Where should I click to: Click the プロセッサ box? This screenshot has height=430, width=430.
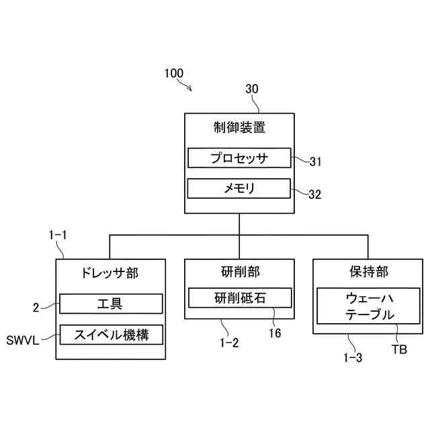[239, 159]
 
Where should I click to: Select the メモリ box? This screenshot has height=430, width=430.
[239, 189]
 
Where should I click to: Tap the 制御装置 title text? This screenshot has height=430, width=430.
[239, 128]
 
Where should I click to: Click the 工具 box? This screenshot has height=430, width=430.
[111, 304]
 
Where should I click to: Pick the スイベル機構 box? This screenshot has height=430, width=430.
[111, 334]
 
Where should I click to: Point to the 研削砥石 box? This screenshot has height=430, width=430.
[240, 298]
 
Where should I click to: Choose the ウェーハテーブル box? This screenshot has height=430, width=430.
[369, 306]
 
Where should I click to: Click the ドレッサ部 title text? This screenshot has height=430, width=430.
[110, 273]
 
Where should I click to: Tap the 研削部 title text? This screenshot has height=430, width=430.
[239, 272]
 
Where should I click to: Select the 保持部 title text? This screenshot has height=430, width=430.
[369, 272]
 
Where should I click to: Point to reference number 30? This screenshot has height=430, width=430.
[252, 88]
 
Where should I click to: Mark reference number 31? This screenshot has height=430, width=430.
[316, 161]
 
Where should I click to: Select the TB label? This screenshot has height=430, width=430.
[399, 350]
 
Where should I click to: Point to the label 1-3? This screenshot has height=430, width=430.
[352, 357]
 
